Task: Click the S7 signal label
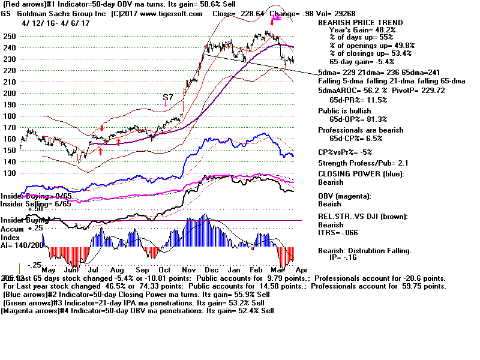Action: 169,97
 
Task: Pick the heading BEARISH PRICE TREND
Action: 361,22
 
